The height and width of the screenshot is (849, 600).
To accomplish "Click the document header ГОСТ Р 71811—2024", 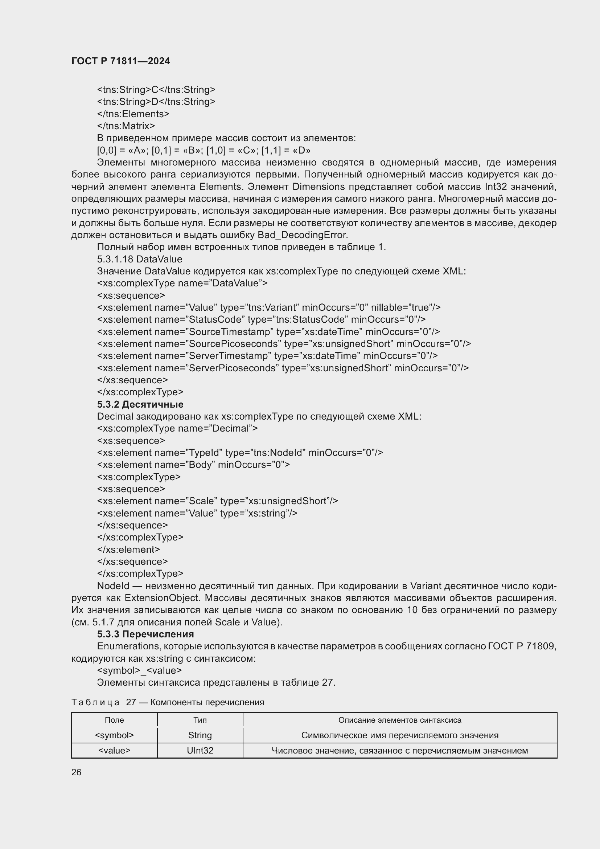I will [120, 61].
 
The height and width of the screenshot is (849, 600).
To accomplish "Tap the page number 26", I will [76, 772].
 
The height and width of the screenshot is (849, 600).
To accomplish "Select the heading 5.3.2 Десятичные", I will [140, 404].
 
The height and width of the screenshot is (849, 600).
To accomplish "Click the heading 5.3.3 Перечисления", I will [145, 634].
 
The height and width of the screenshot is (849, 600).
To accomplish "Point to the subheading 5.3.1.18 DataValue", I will [139, 259].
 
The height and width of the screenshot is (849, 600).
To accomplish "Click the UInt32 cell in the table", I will [200, 751].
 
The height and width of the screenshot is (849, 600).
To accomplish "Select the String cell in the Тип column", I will [200, 735].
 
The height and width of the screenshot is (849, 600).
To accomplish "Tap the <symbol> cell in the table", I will [114, 735].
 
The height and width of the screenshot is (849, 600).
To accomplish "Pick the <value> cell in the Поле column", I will [114, 751].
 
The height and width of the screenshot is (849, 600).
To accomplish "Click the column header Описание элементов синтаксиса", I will [400, 720].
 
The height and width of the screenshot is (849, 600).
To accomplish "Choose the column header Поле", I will [114, 720].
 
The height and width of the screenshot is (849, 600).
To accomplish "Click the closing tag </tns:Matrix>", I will [126, 126].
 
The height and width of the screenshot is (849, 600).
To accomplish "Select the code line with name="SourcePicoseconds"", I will [284, 343].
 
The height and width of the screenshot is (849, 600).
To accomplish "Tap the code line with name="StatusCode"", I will [261, 319].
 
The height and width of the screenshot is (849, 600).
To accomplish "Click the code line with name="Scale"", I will [217, 501].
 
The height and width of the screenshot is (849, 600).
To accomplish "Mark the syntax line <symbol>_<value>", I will [139, 670].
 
